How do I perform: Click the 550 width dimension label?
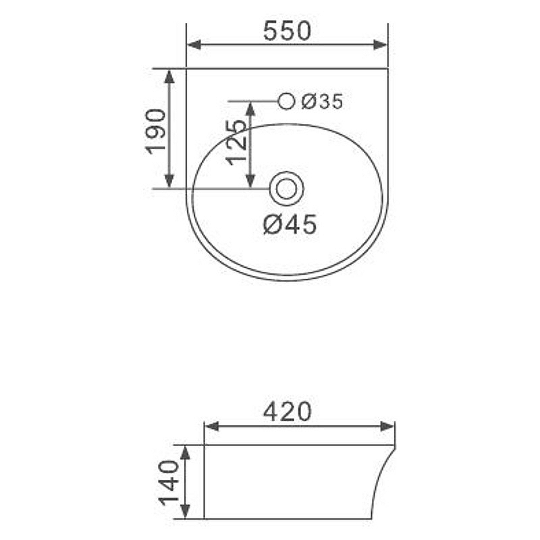click(287, 30)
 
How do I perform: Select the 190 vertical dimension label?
click(156, 132)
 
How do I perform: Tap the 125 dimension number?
click(236, 142)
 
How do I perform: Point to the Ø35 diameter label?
click(323, 102)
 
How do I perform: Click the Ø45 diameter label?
click(290, 225)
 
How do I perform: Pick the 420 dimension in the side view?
click(287, 412)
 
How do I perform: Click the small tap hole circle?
click(286, 101)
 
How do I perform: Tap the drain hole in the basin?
click(286, 189)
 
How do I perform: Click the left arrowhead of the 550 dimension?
click(194, 45)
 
